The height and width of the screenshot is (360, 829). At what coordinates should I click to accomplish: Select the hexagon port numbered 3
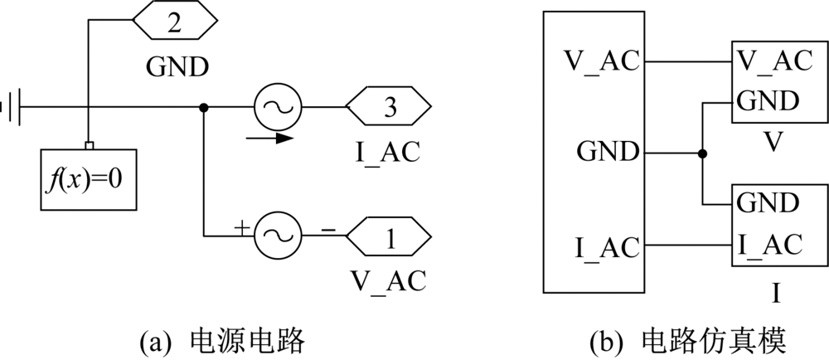pyautogui.click(x=388, y=107)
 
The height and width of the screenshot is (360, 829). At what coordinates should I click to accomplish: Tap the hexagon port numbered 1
pyautogui.click(x=388, y=237)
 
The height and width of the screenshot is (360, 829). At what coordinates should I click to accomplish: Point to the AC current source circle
pyautogui.click(x=277, y=107)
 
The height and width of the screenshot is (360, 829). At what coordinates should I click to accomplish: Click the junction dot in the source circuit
pyautogui.click(x=203, y=107)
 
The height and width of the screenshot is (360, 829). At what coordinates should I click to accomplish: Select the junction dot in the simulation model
pyautogui.click(x=702, y=153)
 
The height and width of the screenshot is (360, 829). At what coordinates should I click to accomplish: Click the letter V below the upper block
pyautogui.click(x=773, y=144)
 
